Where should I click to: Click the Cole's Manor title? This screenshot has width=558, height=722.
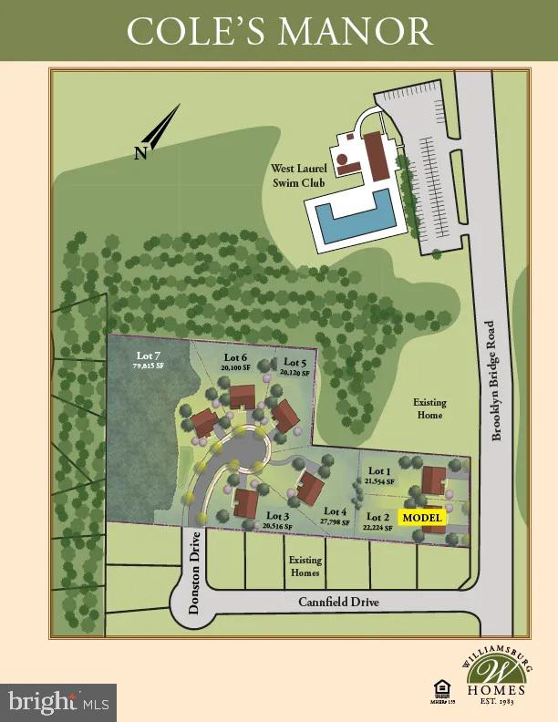pyautogui.click(x=279, y=32)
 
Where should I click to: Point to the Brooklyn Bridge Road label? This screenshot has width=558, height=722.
pyautogui.click(x=497, y=380)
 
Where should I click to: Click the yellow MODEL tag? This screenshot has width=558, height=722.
pyautogui.click(x=422, y=518)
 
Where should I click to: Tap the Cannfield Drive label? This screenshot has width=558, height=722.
pyautogui.click(x=338, y=603)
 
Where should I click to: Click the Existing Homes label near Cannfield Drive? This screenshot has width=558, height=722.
pyautogui.click(x=305, y=566)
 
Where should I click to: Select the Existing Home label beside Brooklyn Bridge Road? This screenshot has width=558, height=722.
pyautogui.click(x=429, y=408)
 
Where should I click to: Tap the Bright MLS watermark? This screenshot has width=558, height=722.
pyautogui.click(x=58, y=702)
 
